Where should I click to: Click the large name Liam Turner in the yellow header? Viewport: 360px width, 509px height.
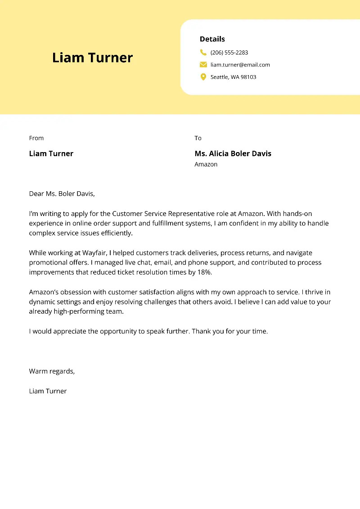[x=92, y=58]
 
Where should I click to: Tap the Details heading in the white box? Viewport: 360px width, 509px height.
[x=212, y=39]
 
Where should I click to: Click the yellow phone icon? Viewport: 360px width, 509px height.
[x=203, y=52]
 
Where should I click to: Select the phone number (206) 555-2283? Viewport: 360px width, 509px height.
[x=229, y=53]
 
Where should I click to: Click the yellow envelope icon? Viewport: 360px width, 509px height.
[x=203, y=64]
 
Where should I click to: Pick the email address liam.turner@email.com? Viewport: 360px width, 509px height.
[x=240, y=65]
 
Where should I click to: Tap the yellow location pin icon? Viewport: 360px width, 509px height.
[x=203, y=77]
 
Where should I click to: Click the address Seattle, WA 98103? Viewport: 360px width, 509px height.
[x=233, y=77]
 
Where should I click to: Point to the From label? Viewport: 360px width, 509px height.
[x=36, y=138]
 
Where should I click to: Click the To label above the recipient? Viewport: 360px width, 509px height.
[x=198, y=138]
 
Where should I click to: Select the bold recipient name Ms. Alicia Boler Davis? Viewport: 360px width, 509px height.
[x=233, y=153]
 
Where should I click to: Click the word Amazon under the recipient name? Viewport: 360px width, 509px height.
[x=206, y=164]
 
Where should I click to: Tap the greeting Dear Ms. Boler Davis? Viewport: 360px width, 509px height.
[x=62, y=194]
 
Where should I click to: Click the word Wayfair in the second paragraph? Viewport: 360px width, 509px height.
[x=94, y=253]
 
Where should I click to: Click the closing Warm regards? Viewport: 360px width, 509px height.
[x=51, y=371]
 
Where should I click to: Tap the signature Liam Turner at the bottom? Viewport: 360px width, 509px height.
[x=48, y=391]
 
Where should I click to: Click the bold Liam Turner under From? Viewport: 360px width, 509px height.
[x=51, y=153]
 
